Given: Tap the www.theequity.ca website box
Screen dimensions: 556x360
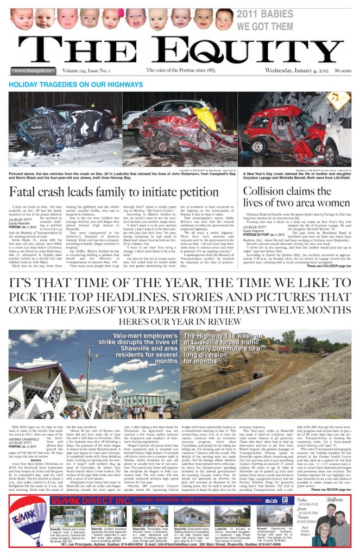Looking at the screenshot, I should tap(32, 71).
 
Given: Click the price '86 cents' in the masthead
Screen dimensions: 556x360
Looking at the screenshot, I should tap(343, 71).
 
